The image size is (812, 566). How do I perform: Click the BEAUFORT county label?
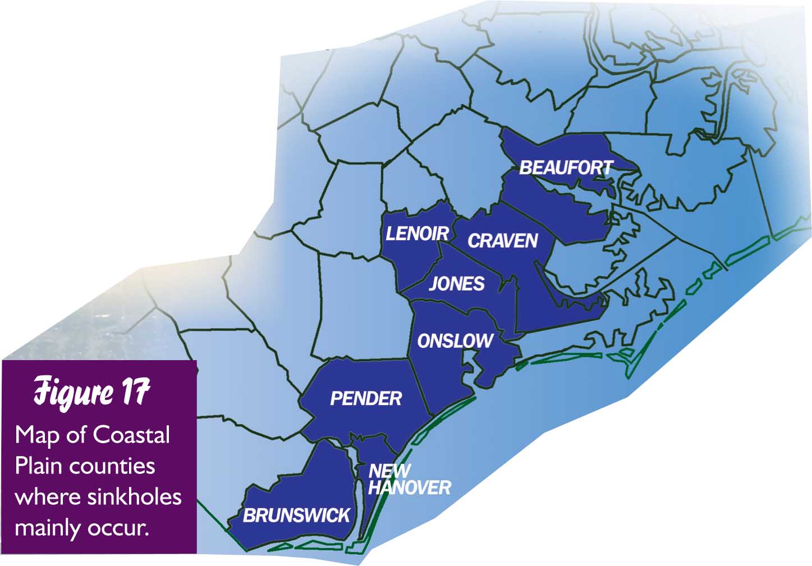click(566, 167)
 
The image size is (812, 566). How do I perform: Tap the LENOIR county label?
click(417, 233)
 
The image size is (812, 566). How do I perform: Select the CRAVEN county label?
click(503, 241)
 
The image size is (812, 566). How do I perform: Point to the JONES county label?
click(457, 283)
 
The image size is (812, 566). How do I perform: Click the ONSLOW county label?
click(455, 340)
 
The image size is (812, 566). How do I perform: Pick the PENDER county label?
click(366, 398)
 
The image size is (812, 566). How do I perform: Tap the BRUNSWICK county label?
click(296, 515)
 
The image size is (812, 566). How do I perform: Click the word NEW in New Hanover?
click(389, 471)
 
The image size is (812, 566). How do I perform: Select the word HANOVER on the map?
click(410, 487)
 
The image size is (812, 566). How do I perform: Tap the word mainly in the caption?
click(47, 528)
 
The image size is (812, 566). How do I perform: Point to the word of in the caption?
click(77, 435)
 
